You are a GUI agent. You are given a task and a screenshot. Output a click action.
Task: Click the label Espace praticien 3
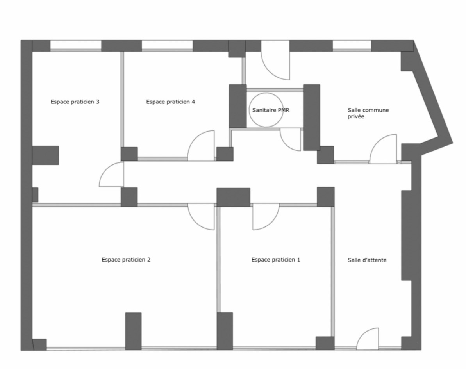coord(75,102)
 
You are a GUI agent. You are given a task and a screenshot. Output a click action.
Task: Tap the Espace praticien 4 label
coord(171,102)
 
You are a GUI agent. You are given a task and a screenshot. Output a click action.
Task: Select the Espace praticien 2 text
coord(126,260)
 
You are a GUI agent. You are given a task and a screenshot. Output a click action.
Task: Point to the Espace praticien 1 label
coord(276,260)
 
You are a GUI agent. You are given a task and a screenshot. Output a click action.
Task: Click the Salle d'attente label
coord(367,260)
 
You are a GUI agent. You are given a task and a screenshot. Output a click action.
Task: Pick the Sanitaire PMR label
coord(271,110)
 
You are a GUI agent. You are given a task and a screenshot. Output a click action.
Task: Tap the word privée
coord(356,117)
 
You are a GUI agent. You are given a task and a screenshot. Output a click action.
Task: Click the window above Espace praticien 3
coord(76,46)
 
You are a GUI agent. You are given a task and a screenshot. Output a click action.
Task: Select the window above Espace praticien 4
coord(167,46)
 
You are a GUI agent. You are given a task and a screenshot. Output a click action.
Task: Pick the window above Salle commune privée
coord(352,46)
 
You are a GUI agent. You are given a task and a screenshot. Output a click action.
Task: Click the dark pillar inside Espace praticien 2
coord(134,331)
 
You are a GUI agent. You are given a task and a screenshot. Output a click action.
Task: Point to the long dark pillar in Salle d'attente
coord(407,235)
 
